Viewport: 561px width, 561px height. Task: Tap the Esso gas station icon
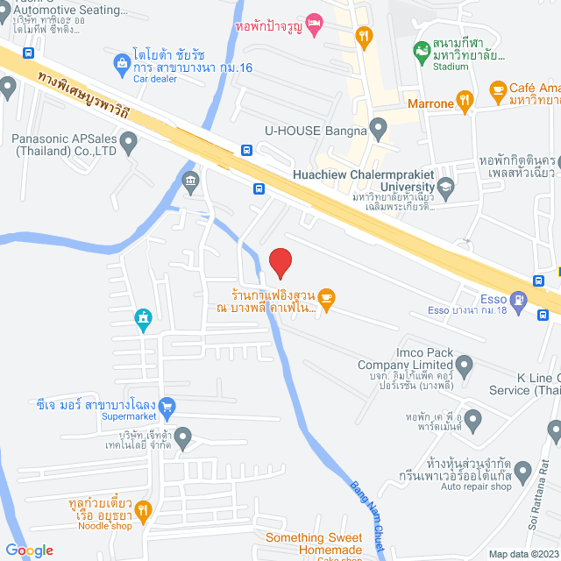pos(520,301)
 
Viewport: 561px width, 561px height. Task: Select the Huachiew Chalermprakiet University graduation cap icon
pos(446,186)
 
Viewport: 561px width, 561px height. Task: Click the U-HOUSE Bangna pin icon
pos(378,131)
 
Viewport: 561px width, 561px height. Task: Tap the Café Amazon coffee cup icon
pos(497,88)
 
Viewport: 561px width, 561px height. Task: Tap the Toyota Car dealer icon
pos(121,63)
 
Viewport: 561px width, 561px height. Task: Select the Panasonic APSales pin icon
pos(129,141)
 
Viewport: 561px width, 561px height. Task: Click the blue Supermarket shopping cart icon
pos(168,406)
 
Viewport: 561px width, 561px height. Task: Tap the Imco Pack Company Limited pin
pos(465,364)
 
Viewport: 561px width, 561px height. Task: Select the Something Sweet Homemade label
pos(314,543)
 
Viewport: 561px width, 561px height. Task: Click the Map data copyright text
pos(522,553)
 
